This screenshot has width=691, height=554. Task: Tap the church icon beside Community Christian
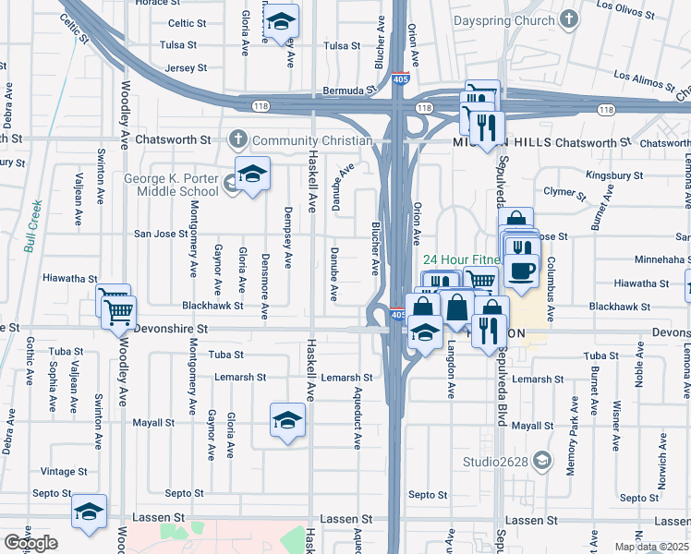pos(239,140)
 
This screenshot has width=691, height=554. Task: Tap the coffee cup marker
pos(523,271)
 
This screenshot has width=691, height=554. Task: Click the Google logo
pos(30,543)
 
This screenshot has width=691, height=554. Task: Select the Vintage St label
pos(64,471)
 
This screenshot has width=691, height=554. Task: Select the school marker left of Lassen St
pos(90,512)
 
